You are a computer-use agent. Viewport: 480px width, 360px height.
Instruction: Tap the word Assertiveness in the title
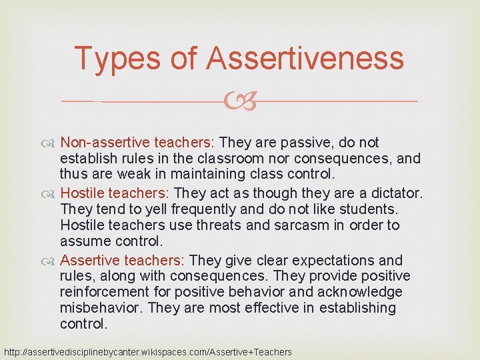click(x=305, y=59)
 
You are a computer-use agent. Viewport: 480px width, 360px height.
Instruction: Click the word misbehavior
click(x=101, y=309)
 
